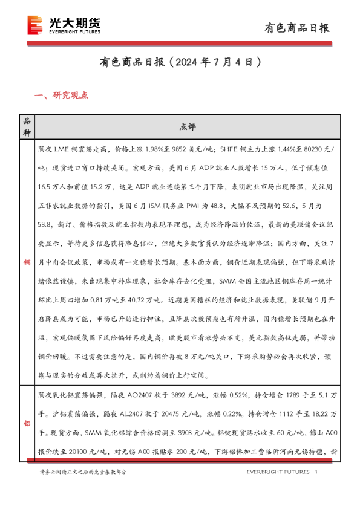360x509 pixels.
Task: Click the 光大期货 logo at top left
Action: coord(64,26)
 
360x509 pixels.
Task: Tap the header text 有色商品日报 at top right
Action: coord(298,27)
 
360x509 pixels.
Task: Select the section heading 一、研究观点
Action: coord(62,96)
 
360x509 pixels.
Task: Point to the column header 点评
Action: coord(187,127)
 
